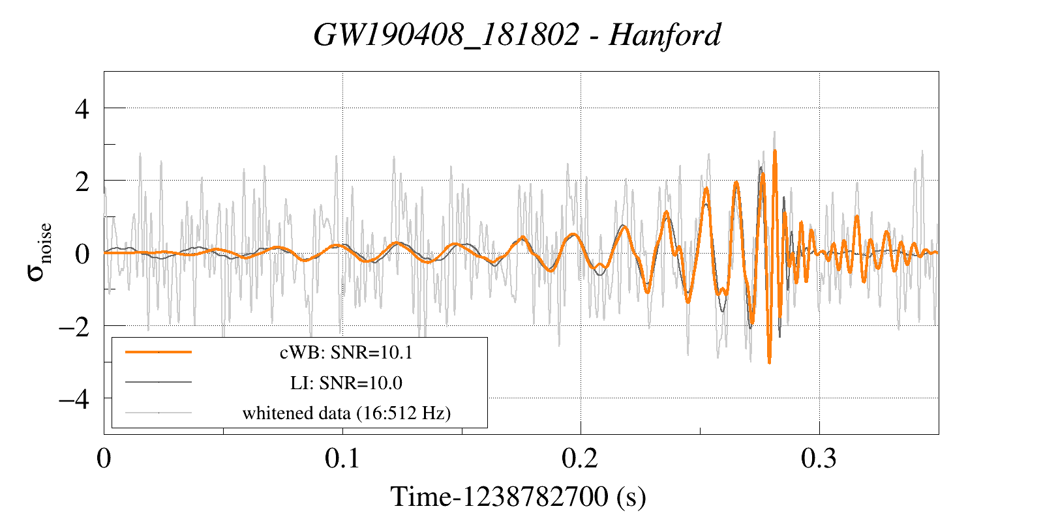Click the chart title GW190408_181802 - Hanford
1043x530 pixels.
pos(517,35)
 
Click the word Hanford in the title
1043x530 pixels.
pos(664,35)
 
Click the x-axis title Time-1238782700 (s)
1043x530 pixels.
pos(518,497)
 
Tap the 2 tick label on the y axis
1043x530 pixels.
pos(82,181)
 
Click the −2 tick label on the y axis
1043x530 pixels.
pos(74,326)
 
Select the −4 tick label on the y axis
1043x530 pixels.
pos(74,398)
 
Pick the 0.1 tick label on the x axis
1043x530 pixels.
pos(342,459)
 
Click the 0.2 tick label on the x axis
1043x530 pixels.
pos(581,459)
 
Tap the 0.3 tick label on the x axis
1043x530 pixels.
pos(819,459)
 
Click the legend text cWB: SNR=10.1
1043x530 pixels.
pos(346,353)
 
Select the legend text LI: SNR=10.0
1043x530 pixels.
pos(346,383)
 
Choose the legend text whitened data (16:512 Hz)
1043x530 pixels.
pos(346,413)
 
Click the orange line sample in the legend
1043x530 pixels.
pos(159,352)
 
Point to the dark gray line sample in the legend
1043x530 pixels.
pos(159,382)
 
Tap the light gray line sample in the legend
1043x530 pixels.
pos(159,412)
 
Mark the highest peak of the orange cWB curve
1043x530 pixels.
pos(774,151)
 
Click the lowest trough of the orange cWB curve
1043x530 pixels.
pos(770,362)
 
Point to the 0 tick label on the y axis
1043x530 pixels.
pos(82,254)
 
